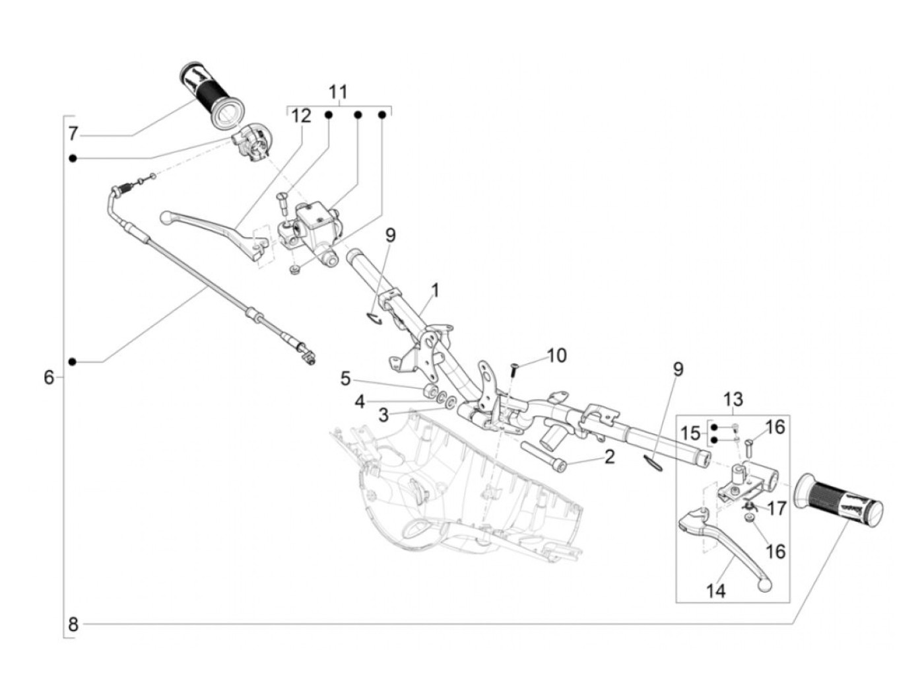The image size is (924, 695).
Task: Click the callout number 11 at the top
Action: click(338, 91)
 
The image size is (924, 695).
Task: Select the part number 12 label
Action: click(300, 116)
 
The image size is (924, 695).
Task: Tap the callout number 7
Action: click(73, 134)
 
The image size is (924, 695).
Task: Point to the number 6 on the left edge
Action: click(49, 378)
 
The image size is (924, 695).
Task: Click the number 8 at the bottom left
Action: click(73, 624)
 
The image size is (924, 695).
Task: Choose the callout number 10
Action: click(556, 355)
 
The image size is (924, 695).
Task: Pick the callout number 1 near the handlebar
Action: click(435, 289)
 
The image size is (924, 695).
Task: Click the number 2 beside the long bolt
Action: click(609, 456)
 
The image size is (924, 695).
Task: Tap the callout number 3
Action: click(383, 415)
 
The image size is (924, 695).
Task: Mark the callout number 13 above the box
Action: click(733, 399)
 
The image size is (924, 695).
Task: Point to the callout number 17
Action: click(777, 509)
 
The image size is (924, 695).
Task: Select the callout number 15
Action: click(690, 433)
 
